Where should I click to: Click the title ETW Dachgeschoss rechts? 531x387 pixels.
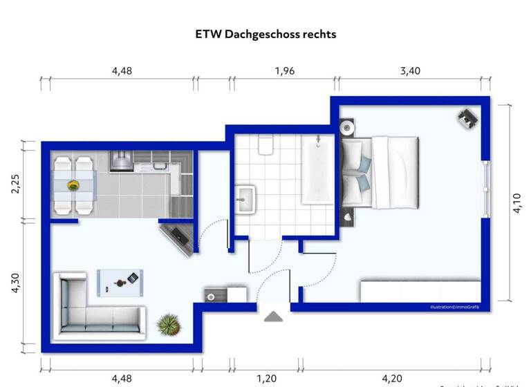[x=265, y=33]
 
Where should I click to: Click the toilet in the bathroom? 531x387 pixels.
[x=265, y=144]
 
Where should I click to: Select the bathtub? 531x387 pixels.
[x=318, y=169]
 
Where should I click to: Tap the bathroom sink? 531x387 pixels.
[x=245, y=199]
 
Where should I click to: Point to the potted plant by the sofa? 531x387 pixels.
[x=168, y=323]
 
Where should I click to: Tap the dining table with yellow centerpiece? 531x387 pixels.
[x=73, y=185]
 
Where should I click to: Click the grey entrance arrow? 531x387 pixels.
[x=274, y=317]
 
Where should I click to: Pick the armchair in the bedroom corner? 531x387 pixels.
[x=468, y=117]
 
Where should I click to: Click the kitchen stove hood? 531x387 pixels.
[x=120, y=160]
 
